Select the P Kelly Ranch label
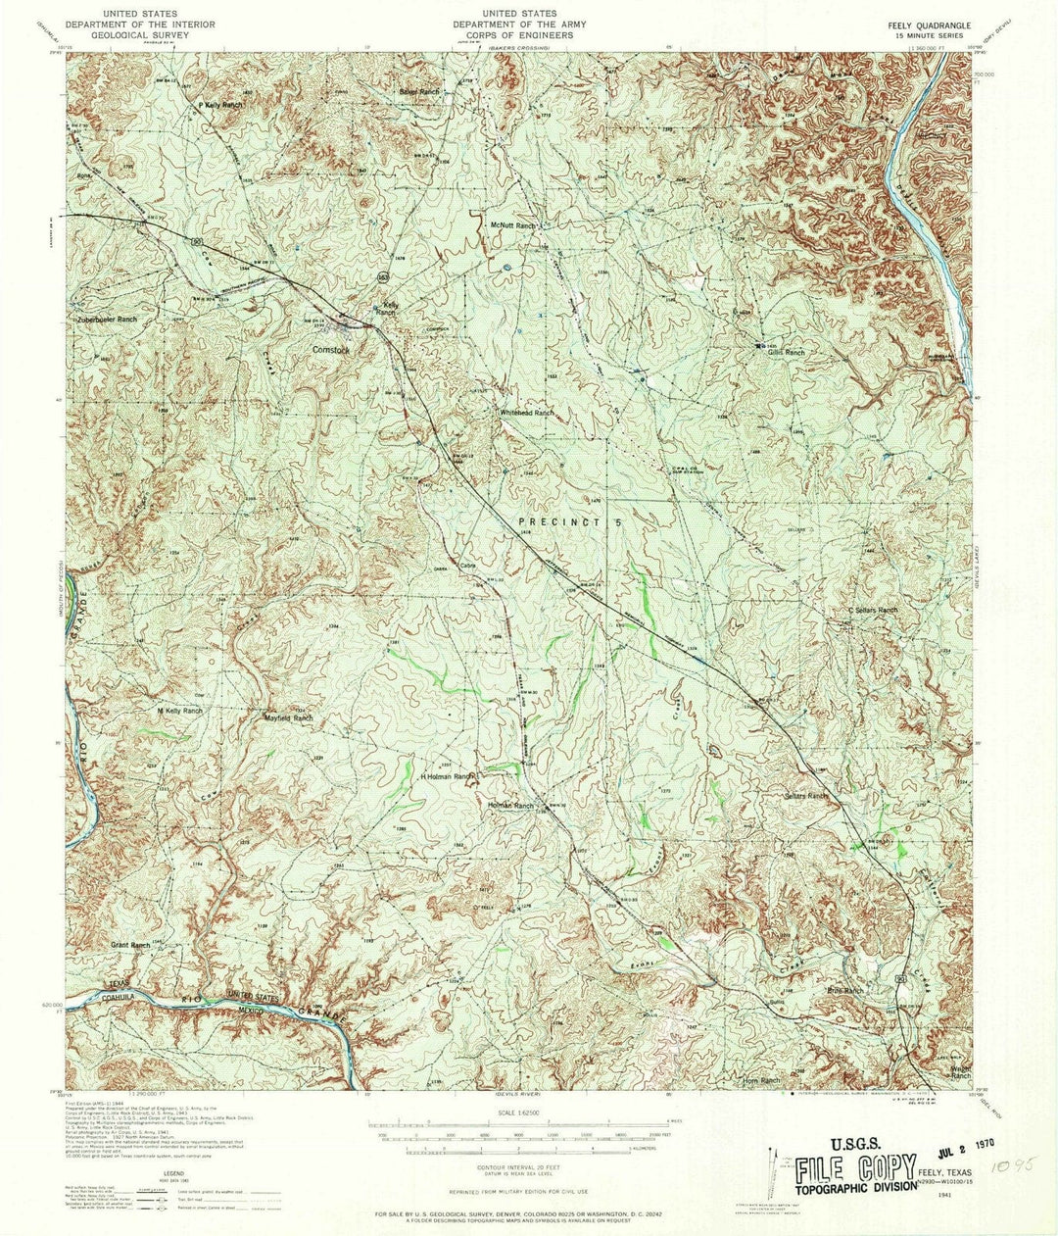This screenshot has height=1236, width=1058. coord(220,104)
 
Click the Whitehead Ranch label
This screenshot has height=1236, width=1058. coord(526,414)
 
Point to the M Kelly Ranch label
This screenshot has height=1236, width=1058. coord(179,711)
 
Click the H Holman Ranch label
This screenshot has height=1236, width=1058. coord(447,776)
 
